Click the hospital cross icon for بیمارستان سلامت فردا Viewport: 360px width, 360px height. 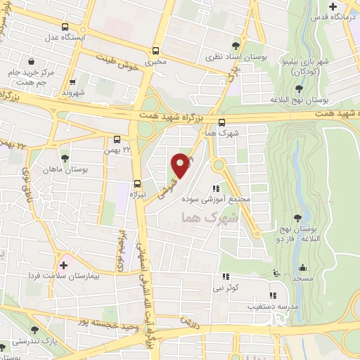click(64, 265)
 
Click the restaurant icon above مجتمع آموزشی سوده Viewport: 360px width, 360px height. click(216, 188)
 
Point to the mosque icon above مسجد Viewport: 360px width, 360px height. click(303, 267)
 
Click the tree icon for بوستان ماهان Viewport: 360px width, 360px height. click(65, 157)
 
